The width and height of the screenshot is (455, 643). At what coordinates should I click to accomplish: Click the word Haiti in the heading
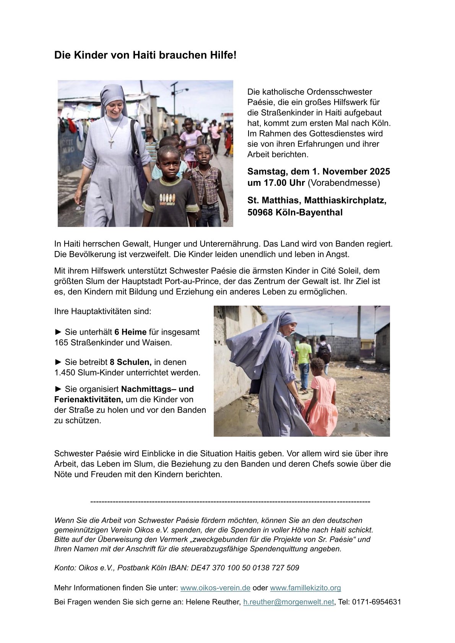pyautogui.click(x=143, y=55)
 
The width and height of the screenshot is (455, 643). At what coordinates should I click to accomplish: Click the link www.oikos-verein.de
pyautogui.click(x=215, y=588)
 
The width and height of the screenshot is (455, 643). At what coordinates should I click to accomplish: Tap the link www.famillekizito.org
pyautogui.click(x=305, y=588)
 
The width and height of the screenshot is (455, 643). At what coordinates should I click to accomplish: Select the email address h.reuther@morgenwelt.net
pyautogui.click(x=289, y=602)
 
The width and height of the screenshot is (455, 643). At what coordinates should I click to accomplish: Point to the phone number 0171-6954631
pyautogui.click(x=377, y=602)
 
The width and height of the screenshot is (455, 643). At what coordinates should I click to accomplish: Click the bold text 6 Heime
pyautogui.click(x=130, y=332)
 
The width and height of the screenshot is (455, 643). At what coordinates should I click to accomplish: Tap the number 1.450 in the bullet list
pyautogui.click(x=64, y=372)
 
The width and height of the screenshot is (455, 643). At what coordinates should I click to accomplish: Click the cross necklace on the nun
pyautogui.click(x=111, y=143)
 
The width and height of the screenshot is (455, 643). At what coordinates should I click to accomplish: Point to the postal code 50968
pyautogui.click(x=260, y=212)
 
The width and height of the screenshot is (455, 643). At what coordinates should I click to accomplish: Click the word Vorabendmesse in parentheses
pyautogui.click(x=344, y=183)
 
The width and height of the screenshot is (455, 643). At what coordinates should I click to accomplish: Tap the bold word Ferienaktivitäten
pyautogui.click(x=89, y=400)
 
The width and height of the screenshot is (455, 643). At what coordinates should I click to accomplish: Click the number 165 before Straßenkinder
pyautogui.click(x=61, y=343)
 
